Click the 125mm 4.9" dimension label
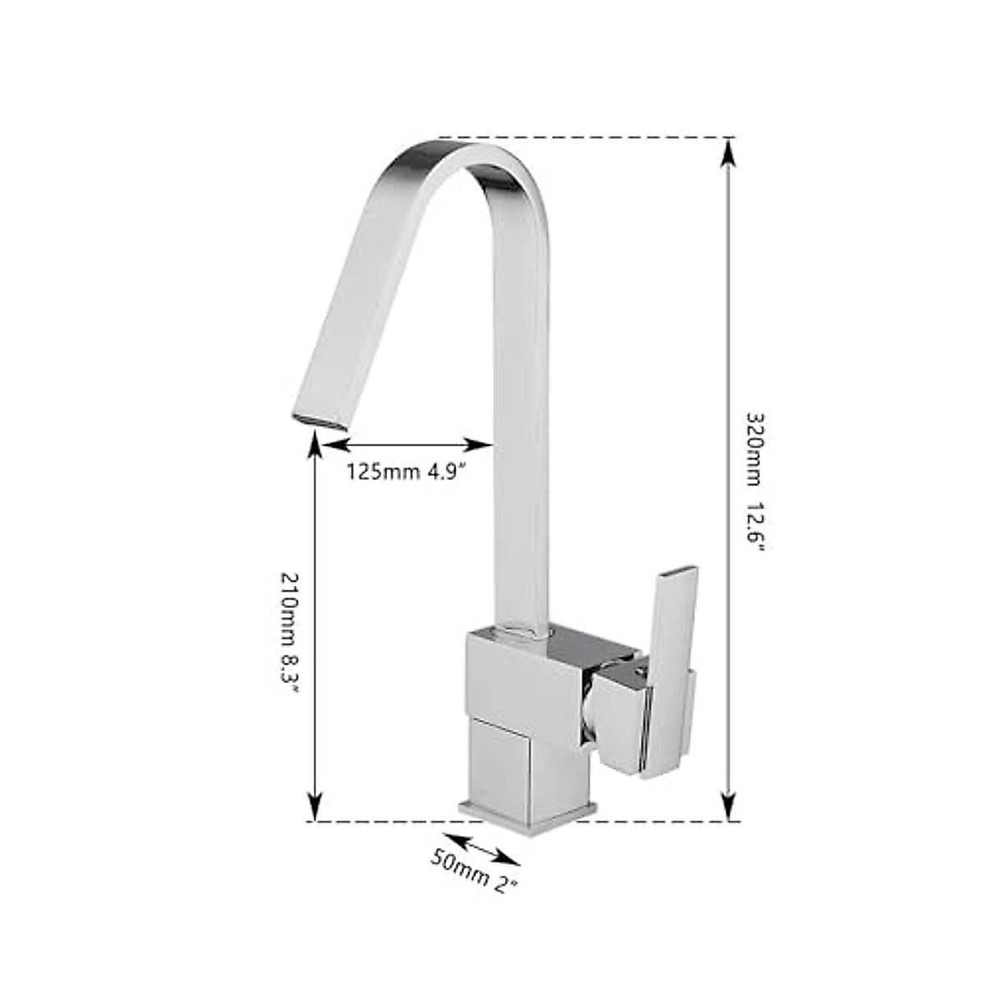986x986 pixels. pyautogui.click(x=406, y=472)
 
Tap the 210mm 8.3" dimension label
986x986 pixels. pyautogui.click(x=290, y=632)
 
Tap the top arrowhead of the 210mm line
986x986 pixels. pyautogui.click(x=313, y=446)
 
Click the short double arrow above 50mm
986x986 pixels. pyautogui.click(x=486, y=849)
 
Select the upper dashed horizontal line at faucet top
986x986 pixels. pyautogui.click(x=583, y=137)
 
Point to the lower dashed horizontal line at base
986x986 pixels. pyautogui.click(x=386, y=821)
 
